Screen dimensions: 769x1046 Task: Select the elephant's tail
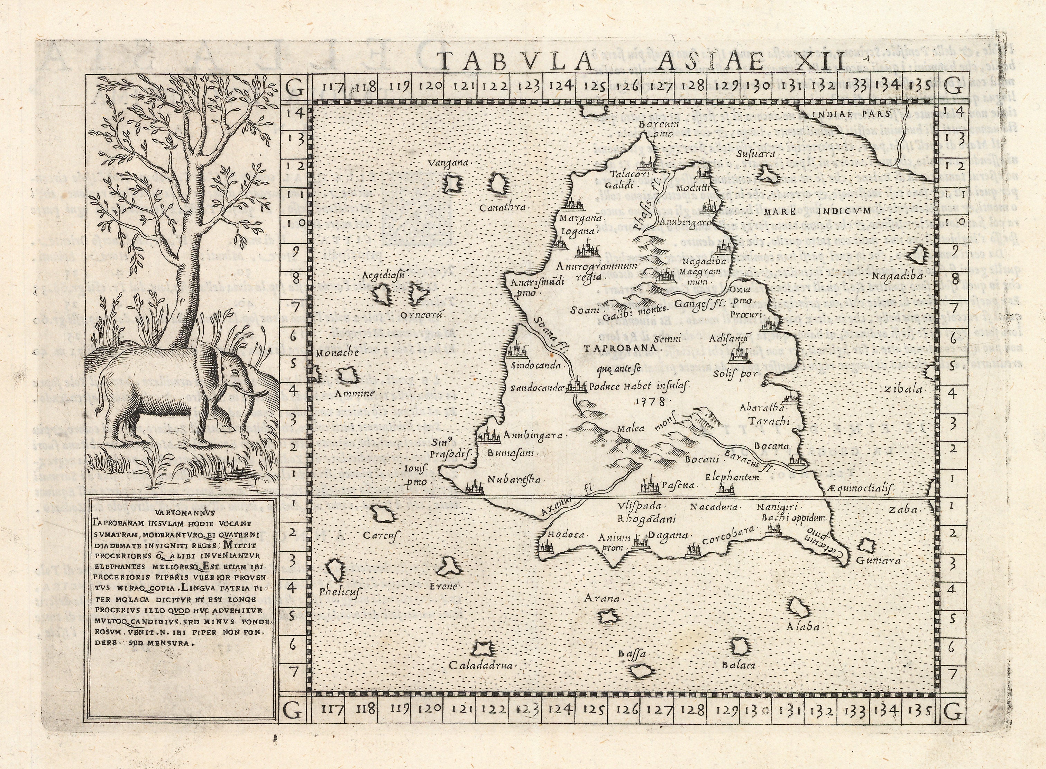click(101, 396)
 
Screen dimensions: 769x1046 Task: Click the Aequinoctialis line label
click(861, 487)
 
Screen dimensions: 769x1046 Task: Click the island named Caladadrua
click(483, 647)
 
